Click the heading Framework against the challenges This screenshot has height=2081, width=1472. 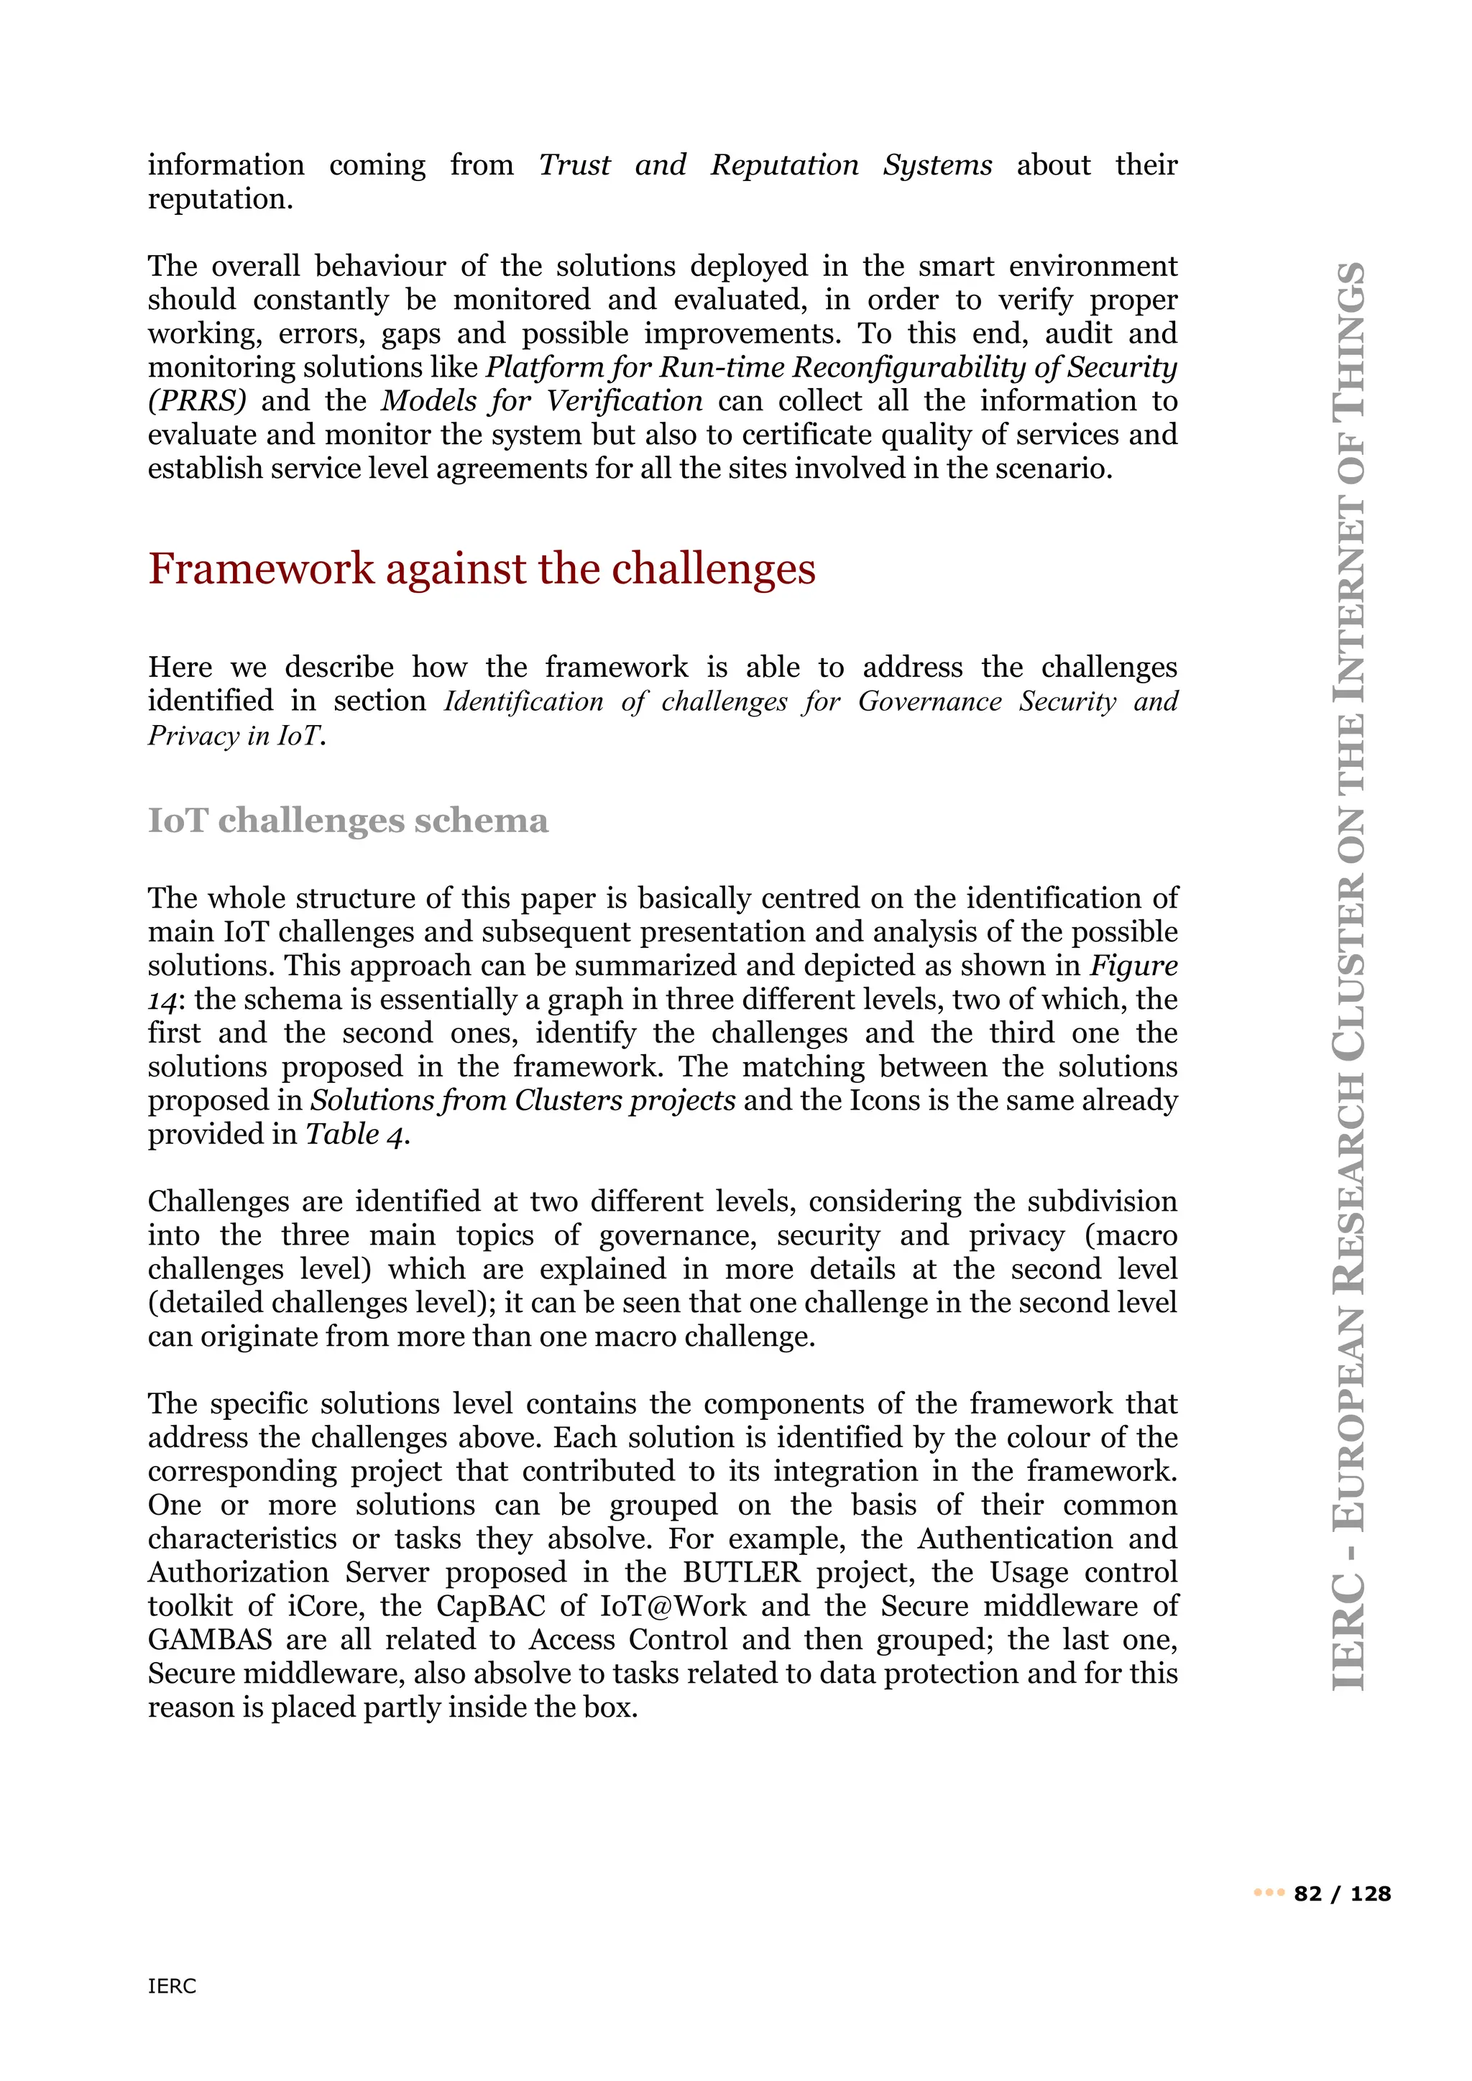[482, 569]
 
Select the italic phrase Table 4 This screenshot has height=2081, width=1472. [357, 1134]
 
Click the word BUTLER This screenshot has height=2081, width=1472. [742, 1572]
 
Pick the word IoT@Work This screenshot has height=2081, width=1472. [673, 1606]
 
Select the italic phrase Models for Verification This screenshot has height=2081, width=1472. [541, 402]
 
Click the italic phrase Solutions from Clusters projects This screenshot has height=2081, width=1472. [523, 1100]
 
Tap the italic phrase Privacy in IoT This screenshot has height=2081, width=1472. [236, 735]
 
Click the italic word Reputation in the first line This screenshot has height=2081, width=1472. [784, 165]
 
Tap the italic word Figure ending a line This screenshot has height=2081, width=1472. [1133, 965]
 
